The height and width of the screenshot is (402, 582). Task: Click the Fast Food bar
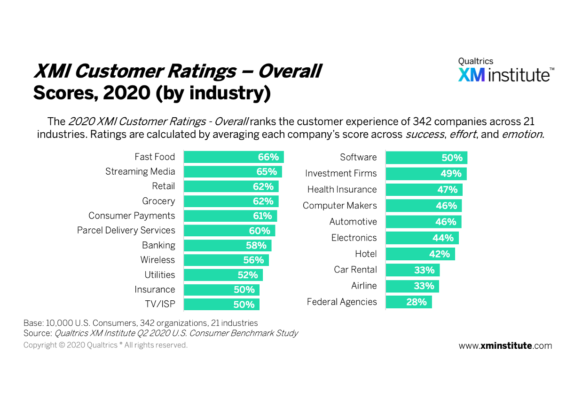coord(234,157)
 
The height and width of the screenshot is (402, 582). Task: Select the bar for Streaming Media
coord(233,172)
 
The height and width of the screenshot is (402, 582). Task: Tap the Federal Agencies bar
coord(409,302)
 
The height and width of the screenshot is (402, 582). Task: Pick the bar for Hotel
coord(420,254)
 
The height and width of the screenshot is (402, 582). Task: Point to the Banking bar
coord(228,246)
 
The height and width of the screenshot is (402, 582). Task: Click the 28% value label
coord(417,302)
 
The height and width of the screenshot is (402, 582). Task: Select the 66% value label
coord(268,157)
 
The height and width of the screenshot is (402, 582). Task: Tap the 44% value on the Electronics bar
coord(443,238)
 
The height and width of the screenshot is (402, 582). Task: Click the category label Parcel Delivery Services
coord(126,231)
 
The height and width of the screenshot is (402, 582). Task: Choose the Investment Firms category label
coord(341,174)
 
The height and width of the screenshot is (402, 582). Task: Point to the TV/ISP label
coord(160,305)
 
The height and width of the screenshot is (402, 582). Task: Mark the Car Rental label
coord(355,270)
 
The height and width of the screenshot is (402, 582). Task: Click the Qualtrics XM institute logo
coord(506,71)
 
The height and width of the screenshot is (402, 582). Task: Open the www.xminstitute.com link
coord(505,346)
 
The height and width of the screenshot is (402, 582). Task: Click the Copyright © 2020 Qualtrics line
coord(105,346)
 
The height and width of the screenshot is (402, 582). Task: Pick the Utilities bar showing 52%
coord(223,275)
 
